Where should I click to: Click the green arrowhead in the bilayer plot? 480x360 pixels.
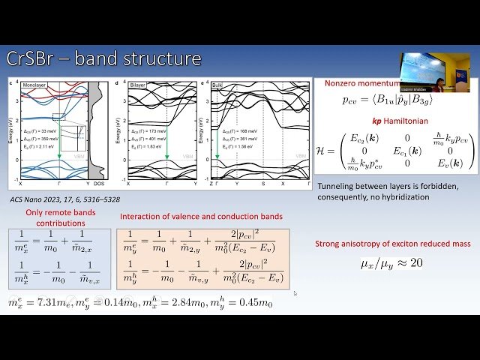(x=164, y=155)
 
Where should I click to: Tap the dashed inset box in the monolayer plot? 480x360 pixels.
(x=59, y=115)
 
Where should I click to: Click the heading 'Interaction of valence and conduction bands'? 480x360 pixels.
(x=201, y=217)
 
